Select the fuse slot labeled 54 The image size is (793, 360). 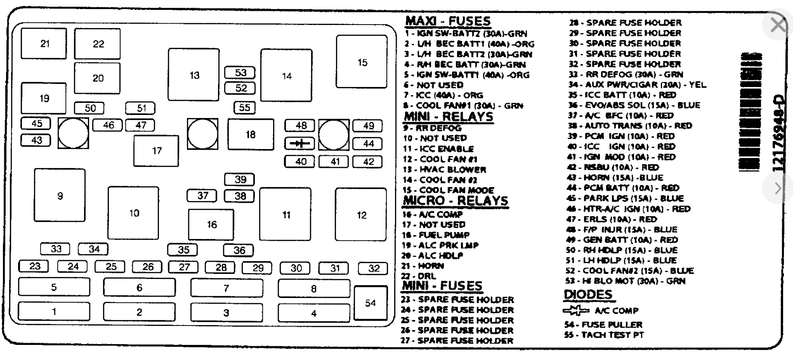point(370,303)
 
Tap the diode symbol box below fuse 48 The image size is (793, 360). point(300,143)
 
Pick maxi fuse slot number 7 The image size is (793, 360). point(227,288)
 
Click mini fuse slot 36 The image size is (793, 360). point(239,250)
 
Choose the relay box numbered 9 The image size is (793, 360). point(59,196)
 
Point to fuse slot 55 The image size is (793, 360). point(244,107)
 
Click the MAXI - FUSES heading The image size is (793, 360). point(448,21)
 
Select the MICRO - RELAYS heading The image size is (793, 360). point(455,201)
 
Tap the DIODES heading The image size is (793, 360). point(588,295)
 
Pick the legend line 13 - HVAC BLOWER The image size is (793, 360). point(444,170)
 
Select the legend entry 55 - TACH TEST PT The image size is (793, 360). point(604,335)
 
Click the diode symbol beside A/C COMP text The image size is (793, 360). point(576,310)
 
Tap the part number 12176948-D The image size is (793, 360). point(777,133)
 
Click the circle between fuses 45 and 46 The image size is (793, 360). point(73,133)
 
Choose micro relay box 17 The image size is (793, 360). point(156,151)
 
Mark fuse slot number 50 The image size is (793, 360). point(90,108)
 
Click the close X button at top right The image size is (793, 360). point(778,25)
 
